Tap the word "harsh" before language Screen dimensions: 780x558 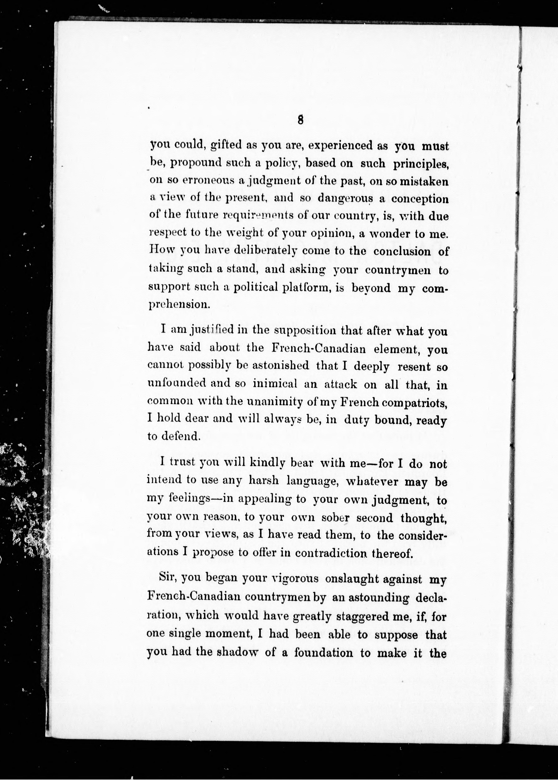tap(264, 480)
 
